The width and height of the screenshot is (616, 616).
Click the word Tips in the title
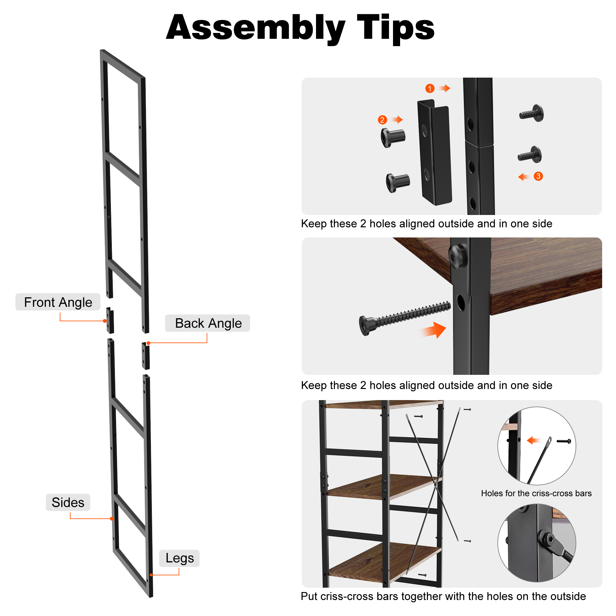click(x=396, y=28)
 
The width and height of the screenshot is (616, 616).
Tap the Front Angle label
click(x=58, y=302)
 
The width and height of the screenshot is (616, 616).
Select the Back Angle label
click(x=208, y=323)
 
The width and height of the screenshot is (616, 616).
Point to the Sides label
click(x=68, y=502)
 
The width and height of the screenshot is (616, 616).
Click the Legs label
click(x=180, y=558)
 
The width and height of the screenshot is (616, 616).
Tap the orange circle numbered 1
click(x=430, y=88)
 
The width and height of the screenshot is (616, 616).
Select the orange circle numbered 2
click(x=382, y=120)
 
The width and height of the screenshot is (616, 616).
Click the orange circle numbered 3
click(x=538, y=176)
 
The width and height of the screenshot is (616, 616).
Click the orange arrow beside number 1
click(x=444, y=88)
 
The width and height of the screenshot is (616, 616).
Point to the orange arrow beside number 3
click(x=524, y=176)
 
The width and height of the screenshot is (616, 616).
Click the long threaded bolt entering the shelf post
click(x=405, y=318)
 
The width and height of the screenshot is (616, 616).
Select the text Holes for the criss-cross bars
click(x=536, y=493)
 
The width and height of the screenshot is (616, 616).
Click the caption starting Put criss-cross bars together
click(x=443, y=596)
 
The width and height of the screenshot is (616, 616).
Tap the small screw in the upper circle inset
click(x=564, y=441)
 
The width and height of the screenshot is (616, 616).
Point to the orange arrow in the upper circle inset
click(x=533, y=441)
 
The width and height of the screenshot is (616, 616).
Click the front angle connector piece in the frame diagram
click(x=110, y=320)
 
